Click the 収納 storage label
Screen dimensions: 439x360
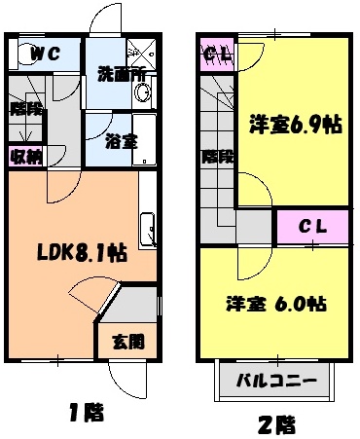pos(26,156)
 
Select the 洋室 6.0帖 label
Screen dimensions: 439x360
pos(274,303)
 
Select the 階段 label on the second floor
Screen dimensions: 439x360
pos(216,156)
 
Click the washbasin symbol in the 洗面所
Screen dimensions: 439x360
pos(143,93)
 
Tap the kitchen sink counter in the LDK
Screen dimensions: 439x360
pos(150,229)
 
